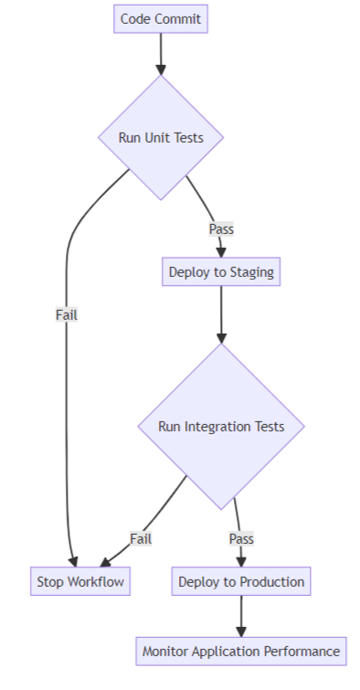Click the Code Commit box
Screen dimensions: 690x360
(x=161, y=18)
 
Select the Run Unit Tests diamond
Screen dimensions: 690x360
(x=161, y=138)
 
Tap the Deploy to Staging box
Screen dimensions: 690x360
(x=221, y=272)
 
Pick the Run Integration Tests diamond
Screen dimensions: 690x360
(x=221, y=426)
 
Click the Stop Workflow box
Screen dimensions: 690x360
(x=79, y=581)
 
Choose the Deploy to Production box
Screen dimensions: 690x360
(x=241, y=581)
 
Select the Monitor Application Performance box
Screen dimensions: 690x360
(x=241, y=652)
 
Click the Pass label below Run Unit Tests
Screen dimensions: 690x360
(x=221, y=228)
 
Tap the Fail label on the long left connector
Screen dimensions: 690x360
(x=67, y=314)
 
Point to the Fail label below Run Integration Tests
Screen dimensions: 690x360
(x=141, y=538)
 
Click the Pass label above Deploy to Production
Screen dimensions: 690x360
(x=241, y=538)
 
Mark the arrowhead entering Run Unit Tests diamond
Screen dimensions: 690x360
(x=161, y=69)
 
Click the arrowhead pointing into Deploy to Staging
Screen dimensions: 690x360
(x=221, y=252)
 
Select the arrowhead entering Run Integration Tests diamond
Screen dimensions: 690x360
(x=221, y=337)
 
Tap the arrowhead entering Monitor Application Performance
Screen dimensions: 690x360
(x=241, y=631)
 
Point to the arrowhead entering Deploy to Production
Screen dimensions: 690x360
(x=241, y=561)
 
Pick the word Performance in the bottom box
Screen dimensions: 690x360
(x=302, y=652)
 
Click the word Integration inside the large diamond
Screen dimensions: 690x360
(x=219, y=426)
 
